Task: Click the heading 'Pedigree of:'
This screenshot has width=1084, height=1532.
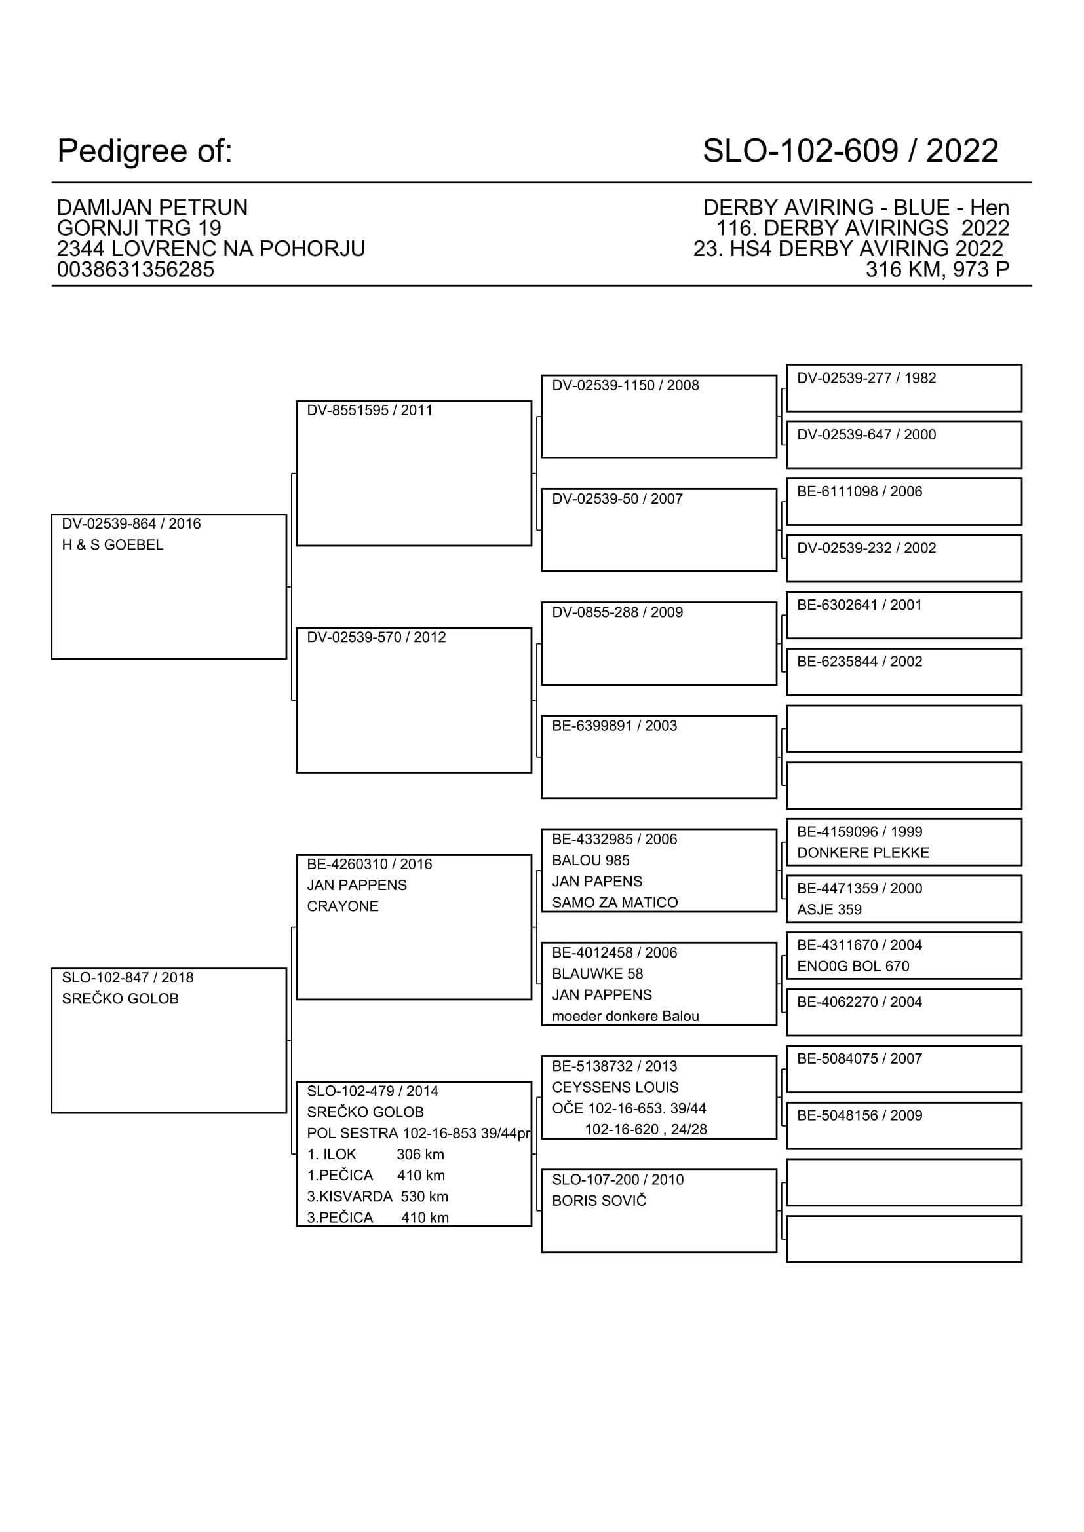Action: pos(145,151)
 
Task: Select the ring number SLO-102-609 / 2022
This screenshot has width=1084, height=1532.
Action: pos(850,151)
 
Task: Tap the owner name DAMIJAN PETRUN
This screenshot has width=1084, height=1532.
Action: pos(152,208)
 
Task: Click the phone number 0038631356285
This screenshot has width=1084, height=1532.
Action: pos(136,270)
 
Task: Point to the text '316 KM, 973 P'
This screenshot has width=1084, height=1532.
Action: pos(937,270)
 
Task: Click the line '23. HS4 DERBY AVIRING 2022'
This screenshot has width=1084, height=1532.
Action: pos(847,249)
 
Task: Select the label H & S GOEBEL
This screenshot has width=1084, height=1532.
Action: pos(112,545)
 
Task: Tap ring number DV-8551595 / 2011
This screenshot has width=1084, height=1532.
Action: pos(369,411)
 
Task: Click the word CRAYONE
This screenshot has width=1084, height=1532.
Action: pos(342,906)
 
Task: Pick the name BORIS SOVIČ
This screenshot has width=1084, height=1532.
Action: pos(599,1201)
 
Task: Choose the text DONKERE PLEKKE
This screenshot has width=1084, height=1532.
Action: pos(862,853)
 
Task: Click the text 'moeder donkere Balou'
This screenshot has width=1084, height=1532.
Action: pos(625,1017)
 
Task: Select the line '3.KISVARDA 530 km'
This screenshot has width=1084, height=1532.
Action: pos(377,1197)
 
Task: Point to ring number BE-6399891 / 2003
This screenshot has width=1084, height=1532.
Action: pos(614,726)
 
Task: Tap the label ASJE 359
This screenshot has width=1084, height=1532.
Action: pos(829,910)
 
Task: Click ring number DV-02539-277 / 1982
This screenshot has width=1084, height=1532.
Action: pos(866,379)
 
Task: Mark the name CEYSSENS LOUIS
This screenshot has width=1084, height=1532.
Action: pos(615,1087)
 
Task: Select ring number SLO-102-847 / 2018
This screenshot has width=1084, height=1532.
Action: pos(128,977)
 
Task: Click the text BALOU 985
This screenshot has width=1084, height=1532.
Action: pos(590,861)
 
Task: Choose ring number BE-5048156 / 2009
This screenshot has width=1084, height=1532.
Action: pos(859,1115)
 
